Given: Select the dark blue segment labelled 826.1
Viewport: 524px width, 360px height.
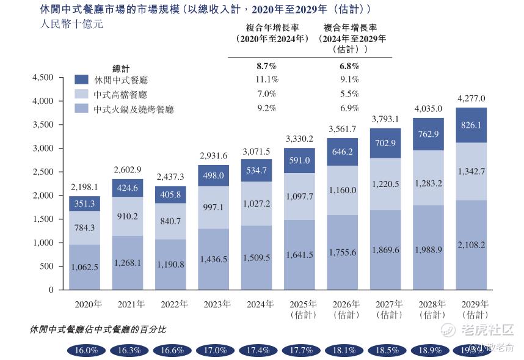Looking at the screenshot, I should [x=471, y=125].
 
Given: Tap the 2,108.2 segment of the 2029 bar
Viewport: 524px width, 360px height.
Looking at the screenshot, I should [x=471, y=244].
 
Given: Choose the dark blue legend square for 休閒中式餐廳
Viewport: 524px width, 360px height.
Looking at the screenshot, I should [x=82, y=79].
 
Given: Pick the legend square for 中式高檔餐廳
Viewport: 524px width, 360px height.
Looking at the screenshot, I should [x=82, y=94].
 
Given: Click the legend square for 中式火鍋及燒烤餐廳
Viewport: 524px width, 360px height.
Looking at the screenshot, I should [x=82, y=109].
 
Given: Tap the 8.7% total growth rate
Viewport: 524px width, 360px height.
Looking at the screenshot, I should [x=267, y=66].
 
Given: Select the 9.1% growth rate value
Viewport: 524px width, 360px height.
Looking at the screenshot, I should [x=349, y=79].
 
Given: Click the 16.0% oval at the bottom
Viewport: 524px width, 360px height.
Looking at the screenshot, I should [x=86, y=350].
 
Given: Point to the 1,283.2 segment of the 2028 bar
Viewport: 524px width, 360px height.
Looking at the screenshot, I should [x=428, y=183].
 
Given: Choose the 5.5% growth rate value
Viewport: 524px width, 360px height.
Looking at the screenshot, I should [x=349, y=94].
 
